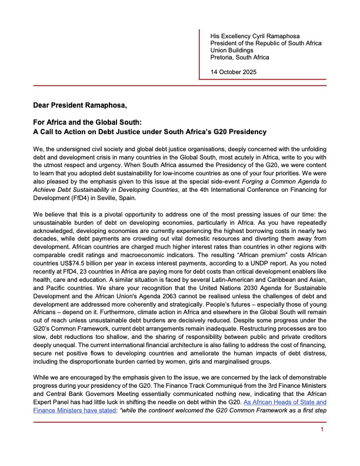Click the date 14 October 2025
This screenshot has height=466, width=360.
235,72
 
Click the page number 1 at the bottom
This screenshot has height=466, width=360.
322,447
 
